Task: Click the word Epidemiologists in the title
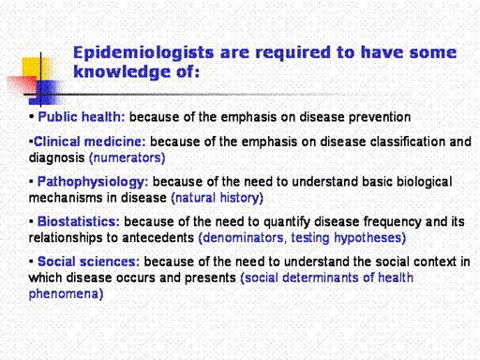pos(143,53)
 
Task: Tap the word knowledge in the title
pos(122,71)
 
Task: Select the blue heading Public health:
pos(82,117)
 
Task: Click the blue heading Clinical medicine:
pos(90,142)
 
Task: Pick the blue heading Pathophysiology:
pos(93,182)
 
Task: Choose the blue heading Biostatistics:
pos(79,221)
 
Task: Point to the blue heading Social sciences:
pos(88,262)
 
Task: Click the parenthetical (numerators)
pos(127,157)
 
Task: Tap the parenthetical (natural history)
pos(217,198)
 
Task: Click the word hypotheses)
pos(370,238)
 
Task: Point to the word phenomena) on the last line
pos(66,294)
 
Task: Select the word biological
pos(424,182)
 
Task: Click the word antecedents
pos(158,238)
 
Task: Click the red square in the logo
pos(22,85)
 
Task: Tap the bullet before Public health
pos(31,117)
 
